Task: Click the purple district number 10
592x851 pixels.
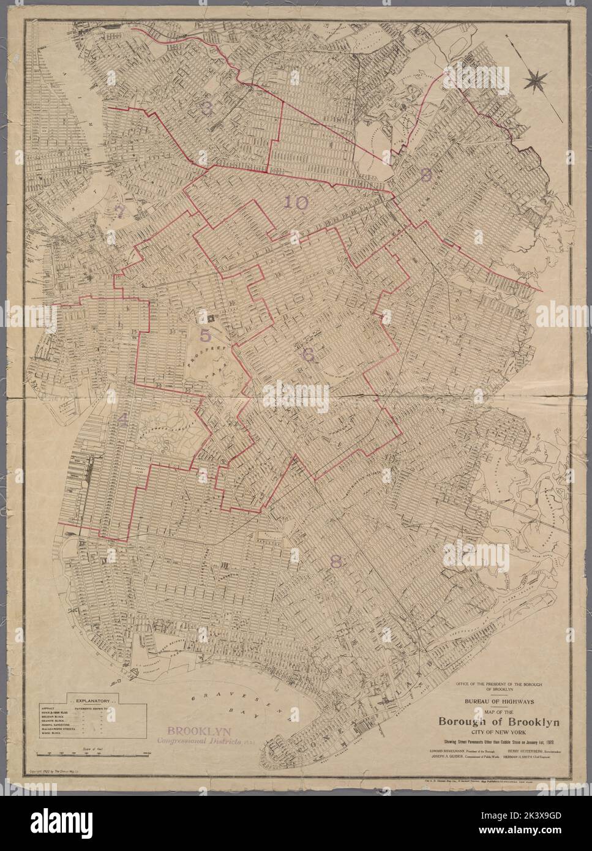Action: tap(296, 203)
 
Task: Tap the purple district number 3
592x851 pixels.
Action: tap(207, 109)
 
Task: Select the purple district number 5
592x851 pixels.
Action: tap(205, 335)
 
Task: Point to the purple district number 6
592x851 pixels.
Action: tap(307, 353)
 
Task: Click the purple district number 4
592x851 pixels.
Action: tap(123, 419)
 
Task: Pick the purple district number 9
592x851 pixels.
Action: tap(426, 175)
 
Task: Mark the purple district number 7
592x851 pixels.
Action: tap(120, 210)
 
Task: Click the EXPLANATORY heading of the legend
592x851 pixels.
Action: tap(92, 700)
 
